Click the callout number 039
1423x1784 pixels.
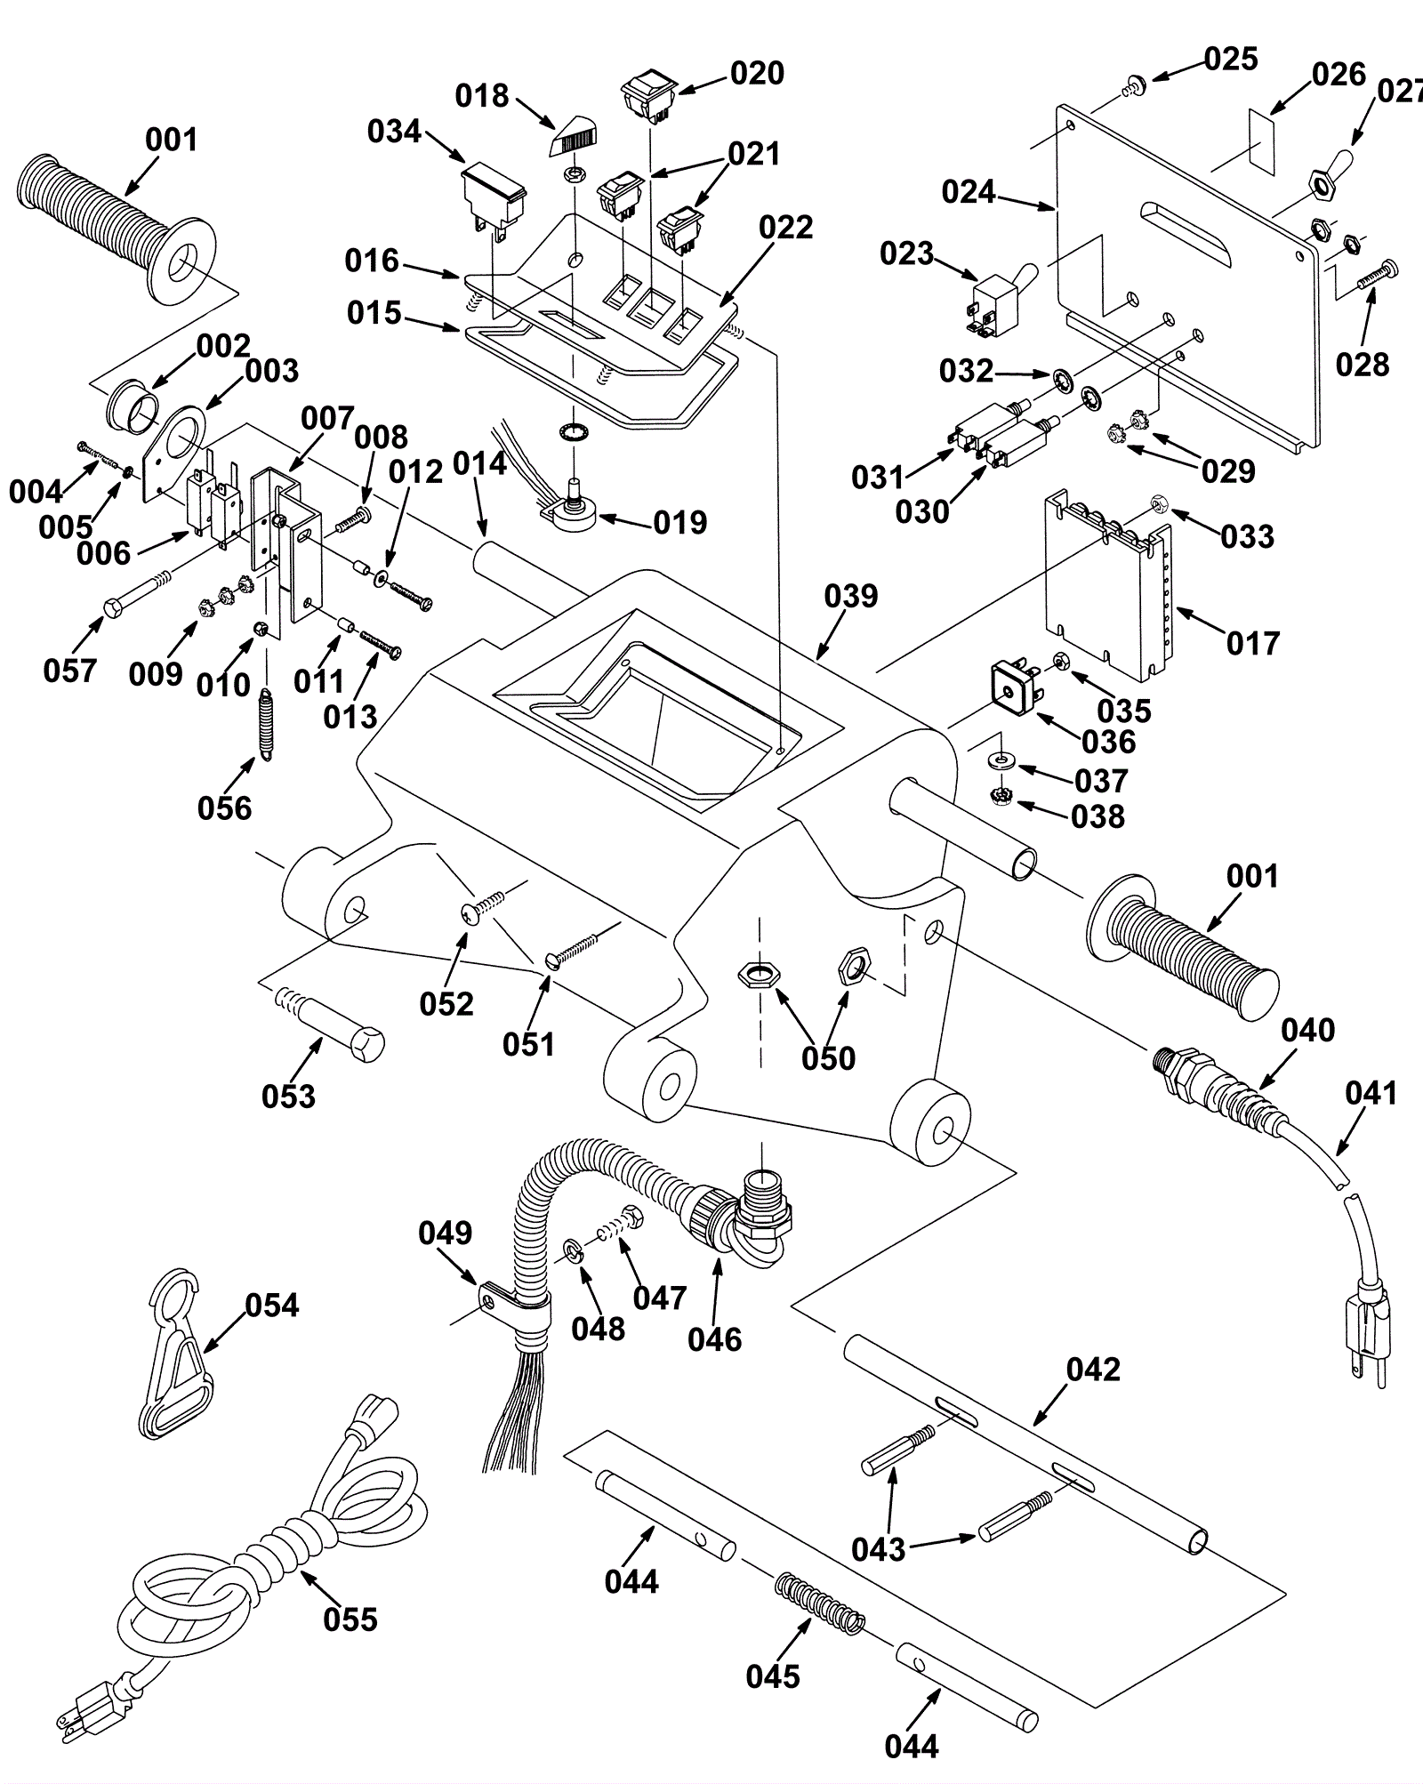851,596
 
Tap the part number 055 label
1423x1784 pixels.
350,1619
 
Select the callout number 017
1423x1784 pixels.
1252,643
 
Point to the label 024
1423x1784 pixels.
969,192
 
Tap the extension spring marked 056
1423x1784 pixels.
264,724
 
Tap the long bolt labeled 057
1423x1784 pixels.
138,593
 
